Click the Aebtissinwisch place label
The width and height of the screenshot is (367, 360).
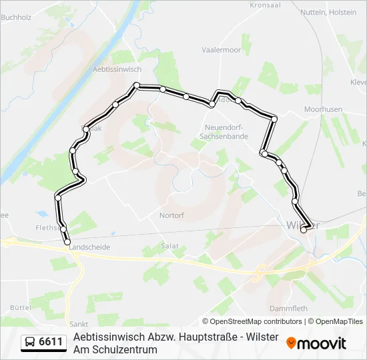coord(117,69)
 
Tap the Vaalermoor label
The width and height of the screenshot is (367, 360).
coord(221,49)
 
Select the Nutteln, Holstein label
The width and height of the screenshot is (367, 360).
coord(329,12)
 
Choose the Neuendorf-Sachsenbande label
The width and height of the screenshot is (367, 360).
coord(220,131)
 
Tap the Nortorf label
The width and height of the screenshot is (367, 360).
coord(171,215)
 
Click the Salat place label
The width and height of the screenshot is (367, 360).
coord(170,245)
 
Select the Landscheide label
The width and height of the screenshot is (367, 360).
coord(89,247)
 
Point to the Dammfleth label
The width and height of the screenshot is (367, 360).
coord(288,309)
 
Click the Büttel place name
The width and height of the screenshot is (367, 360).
coord(21,308)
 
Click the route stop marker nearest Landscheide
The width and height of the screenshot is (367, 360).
coord(67,242)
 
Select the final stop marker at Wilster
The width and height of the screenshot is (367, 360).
coord(304,229)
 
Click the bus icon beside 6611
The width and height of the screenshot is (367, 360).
coord(30,343)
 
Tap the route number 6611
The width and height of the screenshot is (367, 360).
coord(51,343)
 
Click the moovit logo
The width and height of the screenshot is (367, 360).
coord(316,343)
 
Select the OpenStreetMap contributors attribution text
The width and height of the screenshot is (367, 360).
coord(256,321)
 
